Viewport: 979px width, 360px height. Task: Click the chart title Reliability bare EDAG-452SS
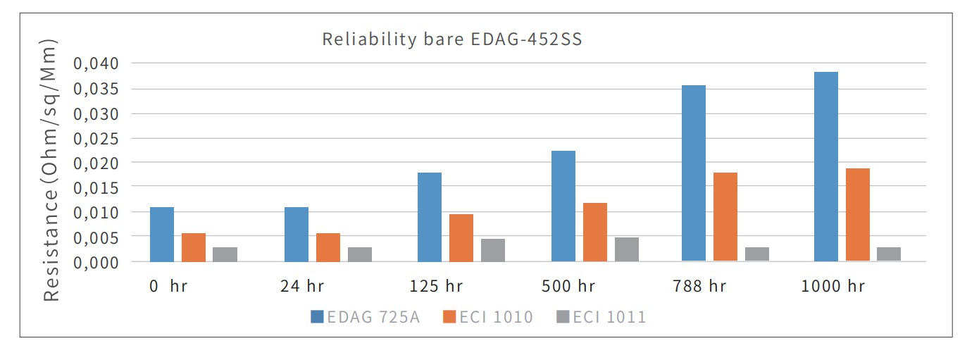coord(452,39)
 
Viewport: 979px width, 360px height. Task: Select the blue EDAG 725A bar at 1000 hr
coord(825,166)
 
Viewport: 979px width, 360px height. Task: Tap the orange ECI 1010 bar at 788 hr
coord(725,217)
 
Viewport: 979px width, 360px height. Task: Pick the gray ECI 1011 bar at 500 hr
coord(626,249)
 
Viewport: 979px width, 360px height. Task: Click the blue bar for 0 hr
coord(162,234)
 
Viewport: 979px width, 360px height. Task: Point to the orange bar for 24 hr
coord(328,247)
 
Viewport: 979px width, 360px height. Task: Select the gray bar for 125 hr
coord(492,250)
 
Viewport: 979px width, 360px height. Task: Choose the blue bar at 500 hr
coord(563,206)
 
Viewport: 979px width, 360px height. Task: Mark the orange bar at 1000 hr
coord(857,215)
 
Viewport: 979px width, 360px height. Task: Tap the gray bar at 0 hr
coord(225,254)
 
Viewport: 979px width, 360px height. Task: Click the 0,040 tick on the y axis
coord(98,64)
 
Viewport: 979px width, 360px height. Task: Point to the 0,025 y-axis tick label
coord(98,138)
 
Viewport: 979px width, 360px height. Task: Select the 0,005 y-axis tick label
coord(98,237)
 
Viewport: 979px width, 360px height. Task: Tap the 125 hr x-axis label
coord(435,287)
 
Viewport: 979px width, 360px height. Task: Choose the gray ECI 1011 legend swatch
coord(561,317)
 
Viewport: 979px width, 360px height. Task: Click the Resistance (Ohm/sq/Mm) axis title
coord(52,169)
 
